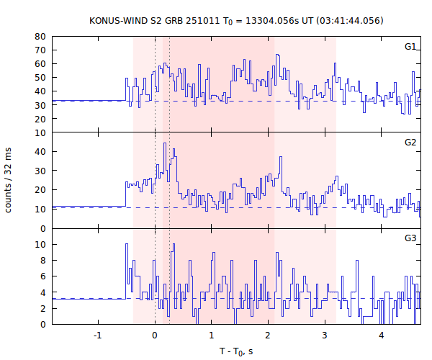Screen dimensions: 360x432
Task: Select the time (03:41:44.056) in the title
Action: pyautogui.click(x=348, y=20)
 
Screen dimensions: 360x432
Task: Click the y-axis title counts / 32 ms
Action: pyautogui.click(x=9, y=180)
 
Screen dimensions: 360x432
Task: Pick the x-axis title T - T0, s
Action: pyautogui.click(x=237, y=351)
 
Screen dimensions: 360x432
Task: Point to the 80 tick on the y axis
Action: pyautogui.click(x=40, y=37)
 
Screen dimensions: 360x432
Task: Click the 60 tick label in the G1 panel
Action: pyautogui.click(x=40, y=64)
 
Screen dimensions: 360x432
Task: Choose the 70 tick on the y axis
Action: pyautogui.click(x=40, y=50)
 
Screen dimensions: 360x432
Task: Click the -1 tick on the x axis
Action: pyautogui.click(x=97, y=335)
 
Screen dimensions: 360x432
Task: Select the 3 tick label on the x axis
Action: pyautogui.click(x=325, y=335)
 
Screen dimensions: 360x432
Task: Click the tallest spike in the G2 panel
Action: pyautogui.click(x=165, y=143)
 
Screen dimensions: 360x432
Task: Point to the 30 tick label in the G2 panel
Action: pyautogui.click(x=40, y=171)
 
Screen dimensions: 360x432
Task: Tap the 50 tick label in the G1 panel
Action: pyautogui.click(x=40, y=78)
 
